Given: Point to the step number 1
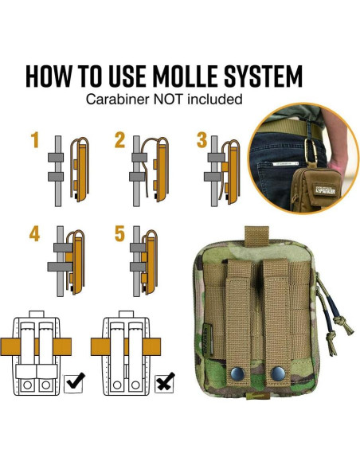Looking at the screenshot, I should [x=34, y=141].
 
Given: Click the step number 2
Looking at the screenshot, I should [x=119, y=141].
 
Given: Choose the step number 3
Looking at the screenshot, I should [x=202, y=141].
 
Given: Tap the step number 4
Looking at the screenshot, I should [x=34, y=234].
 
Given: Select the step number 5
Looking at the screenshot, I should [x=119, y=234].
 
